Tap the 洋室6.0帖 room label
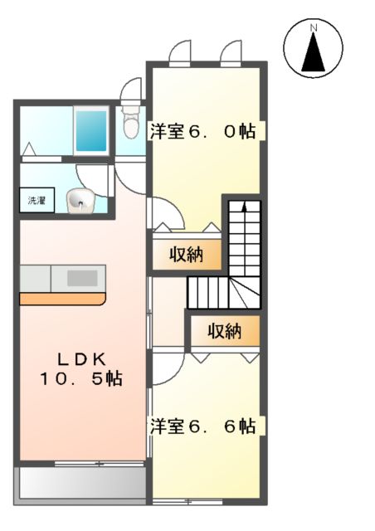(202, 130)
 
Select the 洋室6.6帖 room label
(202, 426)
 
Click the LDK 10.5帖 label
(81, 369)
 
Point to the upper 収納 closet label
(187, 255)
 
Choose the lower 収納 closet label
(224, 331)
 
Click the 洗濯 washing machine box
(37, 201)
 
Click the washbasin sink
(80, 199)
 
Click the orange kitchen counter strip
(63, 298)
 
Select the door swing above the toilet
(131, 90)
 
